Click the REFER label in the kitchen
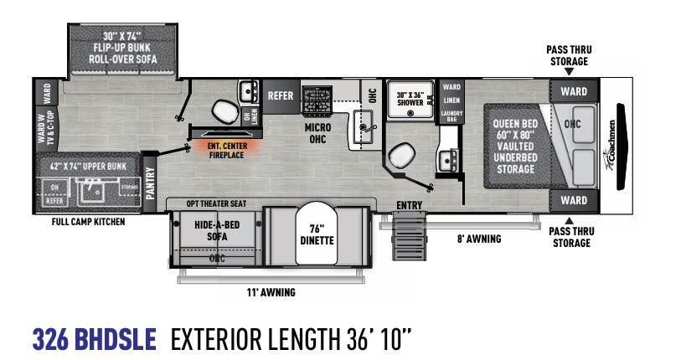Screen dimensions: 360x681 tap(281, 95)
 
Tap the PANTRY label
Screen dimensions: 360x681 tap(150, 179)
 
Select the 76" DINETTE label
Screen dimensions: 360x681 tap(316, 234)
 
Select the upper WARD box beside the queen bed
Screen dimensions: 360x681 tap(574, 90)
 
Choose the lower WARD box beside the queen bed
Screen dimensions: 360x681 tap(574, 201)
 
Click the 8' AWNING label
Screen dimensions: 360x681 tap(480, 239)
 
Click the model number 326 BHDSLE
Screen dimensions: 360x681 tap(94, 339)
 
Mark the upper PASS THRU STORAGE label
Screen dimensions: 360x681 tap(570, 55)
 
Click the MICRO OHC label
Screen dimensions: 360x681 tap(317, 133)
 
